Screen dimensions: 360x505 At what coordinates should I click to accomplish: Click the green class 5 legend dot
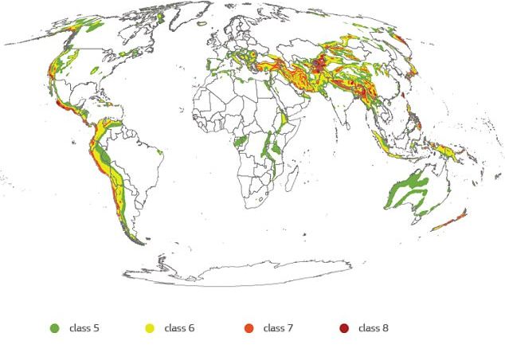coord(55,327)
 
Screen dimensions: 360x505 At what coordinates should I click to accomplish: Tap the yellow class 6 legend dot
coord(149,327)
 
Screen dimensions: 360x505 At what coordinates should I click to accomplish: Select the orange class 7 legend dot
coord(248,327)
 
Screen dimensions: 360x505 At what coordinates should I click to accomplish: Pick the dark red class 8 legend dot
coord(344,327)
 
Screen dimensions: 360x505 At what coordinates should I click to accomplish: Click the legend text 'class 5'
coord(84,327)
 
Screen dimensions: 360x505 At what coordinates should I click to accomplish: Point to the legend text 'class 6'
coord(180,327)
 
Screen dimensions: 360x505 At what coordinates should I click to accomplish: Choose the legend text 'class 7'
coord(279,327)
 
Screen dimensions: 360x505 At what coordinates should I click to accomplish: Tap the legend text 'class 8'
coord(374,327)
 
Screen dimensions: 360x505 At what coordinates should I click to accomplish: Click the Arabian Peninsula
coord(299,104)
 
